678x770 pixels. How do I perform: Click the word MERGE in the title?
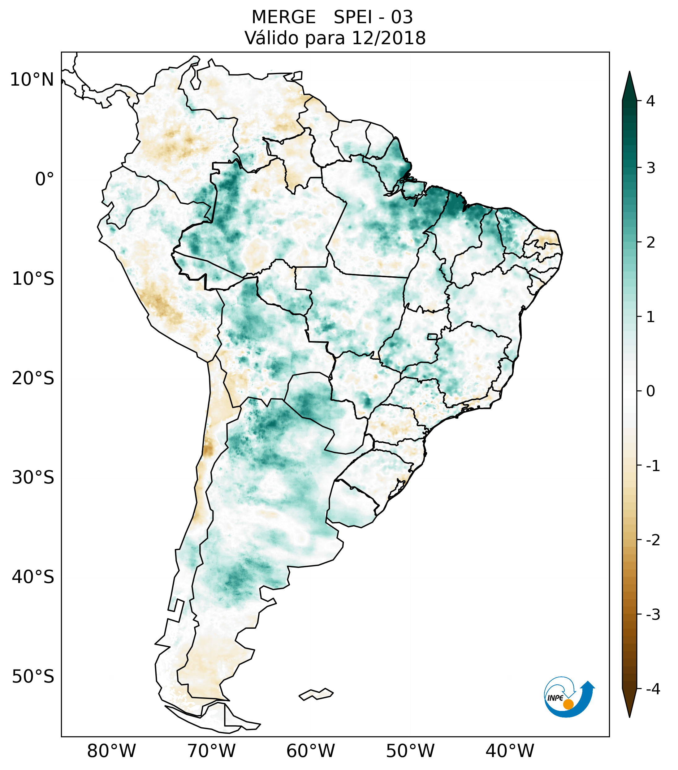(283, 17)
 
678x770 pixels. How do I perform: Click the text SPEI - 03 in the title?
(373, 17)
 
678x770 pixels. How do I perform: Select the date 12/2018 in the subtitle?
(388, 38)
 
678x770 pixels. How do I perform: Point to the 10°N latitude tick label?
(32, 80)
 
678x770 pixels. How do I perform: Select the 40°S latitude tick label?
(33, 577)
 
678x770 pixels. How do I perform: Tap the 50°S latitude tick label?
(33, 677)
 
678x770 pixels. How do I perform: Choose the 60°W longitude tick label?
(310, 751)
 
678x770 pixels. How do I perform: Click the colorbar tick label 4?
(650, 101)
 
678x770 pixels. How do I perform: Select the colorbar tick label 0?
(650, 391)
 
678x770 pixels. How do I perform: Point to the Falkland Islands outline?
(316, 694)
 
